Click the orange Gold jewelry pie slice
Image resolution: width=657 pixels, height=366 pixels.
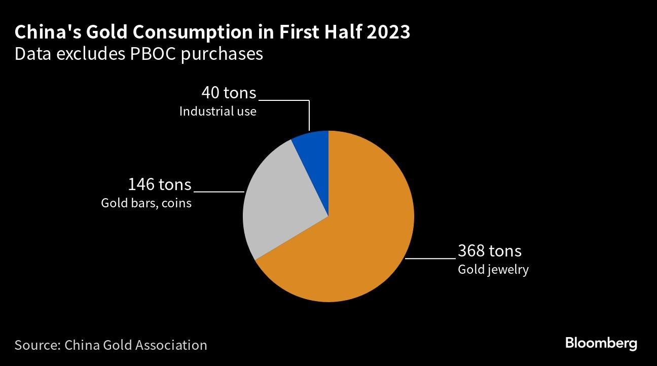click(355, 238)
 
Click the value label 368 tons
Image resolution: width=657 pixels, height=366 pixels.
click(489, 250)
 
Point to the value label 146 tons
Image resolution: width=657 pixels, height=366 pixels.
click(160, 184)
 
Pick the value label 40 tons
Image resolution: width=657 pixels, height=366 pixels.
click(229, 93)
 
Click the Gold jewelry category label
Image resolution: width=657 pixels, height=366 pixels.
click(493, 269)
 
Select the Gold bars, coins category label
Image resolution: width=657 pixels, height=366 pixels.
click(146, 203)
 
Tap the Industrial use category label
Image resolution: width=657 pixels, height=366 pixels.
click(217, 111)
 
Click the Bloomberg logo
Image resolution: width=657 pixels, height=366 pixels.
click(601, 343)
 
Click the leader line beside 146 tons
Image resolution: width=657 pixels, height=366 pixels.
click(219, 192)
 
